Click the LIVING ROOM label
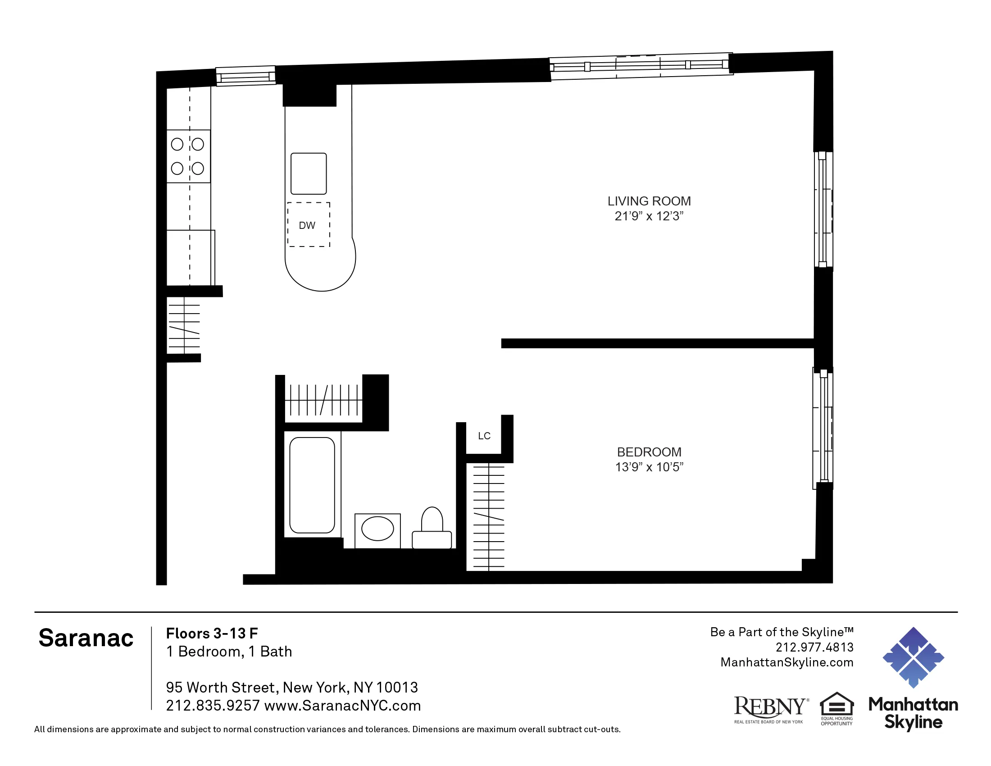(649, 201)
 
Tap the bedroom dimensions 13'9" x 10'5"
(649, 467)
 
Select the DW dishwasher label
(307, 226)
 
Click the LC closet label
(484, 436)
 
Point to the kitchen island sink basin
(309, 173)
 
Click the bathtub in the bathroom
(312, 485)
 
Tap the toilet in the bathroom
(432, 529)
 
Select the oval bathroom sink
(377, 529)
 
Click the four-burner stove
(188, 156)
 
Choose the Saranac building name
(86, 638)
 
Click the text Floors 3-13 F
(212, 633)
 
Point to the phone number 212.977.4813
(814, 647)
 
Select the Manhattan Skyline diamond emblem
(913, 657)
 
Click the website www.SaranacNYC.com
(343, 706)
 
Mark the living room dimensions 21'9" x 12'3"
(649, 216)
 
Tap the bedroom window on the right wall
(823, 428)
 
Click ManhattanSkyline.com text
(787, 662)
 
